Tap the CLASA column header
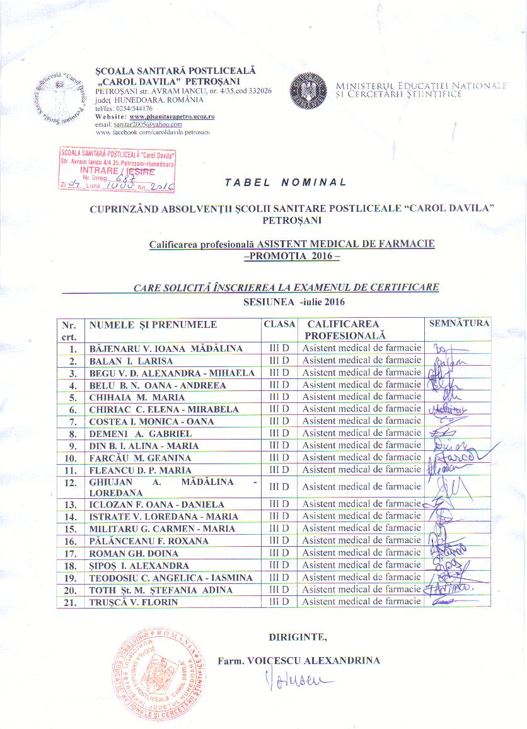279,324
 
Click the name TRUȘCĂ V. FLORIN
134,602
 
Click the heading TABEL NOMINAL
286,182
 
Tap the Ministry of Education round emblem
308,91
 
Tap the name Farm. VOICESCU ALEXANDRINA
299,661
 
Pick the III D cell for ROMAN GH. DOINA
279,553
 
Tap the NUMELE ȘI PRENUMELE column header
153,325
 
